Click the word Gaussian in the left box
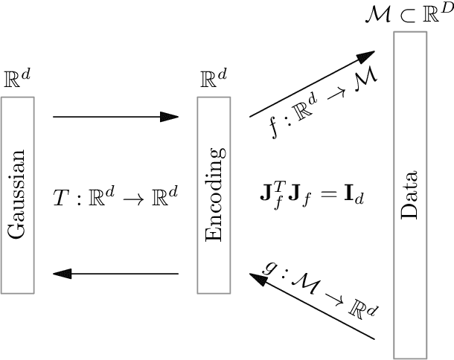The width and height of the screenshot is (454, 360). pyautogui.click(x=16, y=194)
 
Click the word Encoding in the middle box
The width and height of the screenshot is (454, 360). pyautogui.click(x=214, y=194)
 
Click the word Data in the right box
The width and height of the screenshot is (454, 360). pyautogui.click(x=410, y=197)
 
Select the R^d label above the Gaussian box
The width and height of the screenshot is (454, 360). pyautogui.click(x=17, y=80)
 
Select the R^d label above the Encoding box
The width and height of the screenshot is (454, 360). pyautogui.click(x=214, y=80)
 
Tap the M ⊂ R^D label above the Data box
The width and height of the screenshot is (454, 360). pyautogui.click(x=408, y=15)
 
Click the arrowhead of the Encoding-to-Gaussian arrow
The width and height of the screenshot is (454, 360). pyautogui.click(x=64, y=274)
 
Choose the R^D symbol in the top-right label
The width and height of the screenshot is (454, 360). pyautogui.click(x=437, y=13)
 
